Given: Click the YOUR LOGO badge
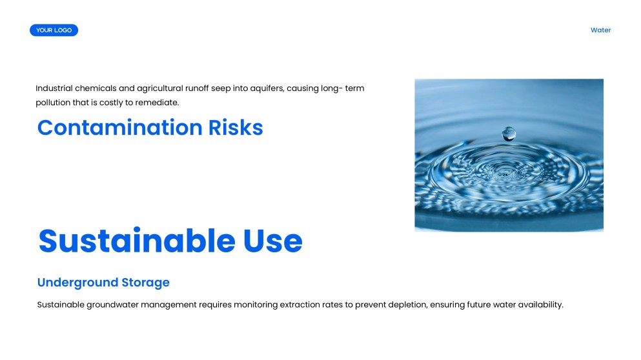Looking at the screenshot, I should coord(54,30).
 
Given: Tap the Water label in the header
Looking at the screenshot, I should coord(600,30).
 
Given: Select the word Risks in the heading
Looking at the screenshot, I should coord(236,128).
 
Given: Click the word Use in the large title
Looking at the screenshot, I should coord(272,241).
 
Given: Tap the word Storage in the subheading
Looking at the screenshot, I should coord(146,283).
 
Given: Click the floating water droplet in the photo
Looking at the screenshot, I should coord(509,134).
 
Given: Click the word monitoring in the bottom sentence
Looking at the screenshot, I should coord(256,305).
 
